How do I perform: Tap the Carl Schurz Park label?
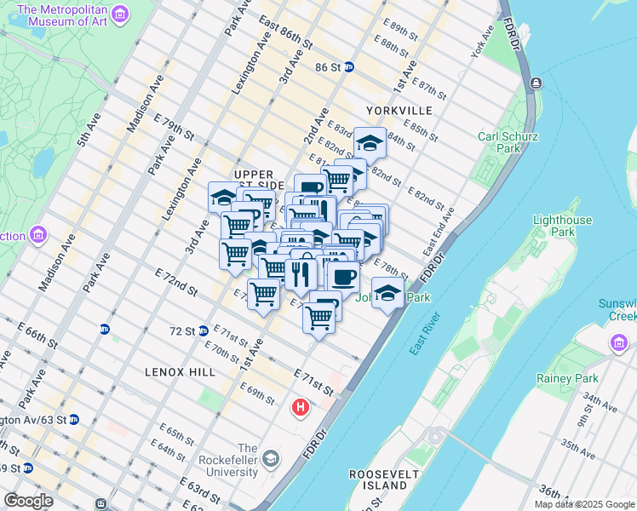[508, 141]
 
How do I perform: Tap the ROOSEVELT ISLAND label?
[379, 479]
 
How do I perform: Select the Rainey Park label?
[567, 378]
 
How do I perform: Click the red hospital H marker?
[300, 408]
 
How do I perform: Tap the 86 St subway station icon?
[349, 66]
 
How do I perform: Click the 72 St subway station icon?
[204, 330]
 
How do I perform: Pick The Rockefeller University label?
[247, 459]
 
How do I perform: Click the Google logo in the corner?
[28, 501]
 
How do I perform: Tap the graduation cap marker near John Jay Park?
[387, 293]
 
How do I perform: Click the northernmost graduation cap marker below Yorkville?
[370, 141]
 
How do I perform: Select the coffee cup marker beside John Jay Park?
[344, 276]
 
